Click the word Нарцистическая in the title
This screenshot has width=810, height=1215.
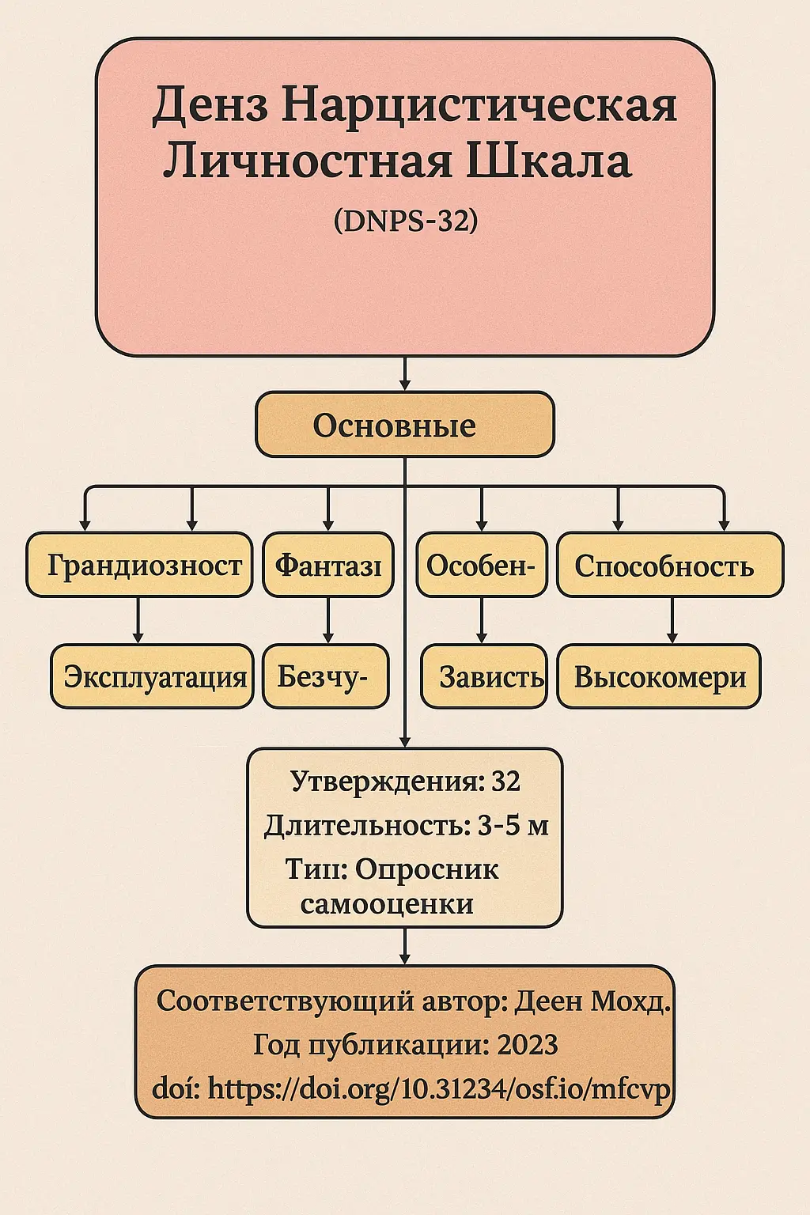[x=479, y=105]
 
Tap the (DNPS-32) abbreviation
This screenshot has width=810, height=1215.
[x=406, y=221]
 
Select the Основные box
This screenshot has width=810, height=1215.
[x=404, y=425]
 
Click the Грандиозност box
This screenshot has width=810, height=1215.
[x=139, y=565]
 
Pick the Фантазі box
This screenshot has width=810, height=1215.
[x=328, y=565]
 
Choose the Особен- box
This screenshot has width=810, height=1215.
[x=482, y=565]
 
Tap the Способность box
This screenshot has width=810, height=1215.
[x=669, y=565]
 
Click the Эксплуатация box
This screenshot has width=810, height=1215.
[x=153, y=676]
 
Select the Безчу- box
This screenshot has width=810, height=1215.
[x=325, y=676]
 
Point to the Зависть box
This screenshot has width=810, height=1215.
[x=484, y=676]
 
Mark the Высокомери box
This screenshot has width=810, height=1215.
[x=659, y=676]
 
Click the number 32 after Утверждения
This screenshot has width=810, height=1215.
[x=506, y=782]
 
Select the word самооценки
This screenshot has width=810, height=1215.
[x=387, y=904]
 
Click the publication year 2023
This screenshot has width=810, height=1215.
[x=528, y=1045]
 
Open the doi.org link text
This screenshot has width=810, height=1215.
[x=439, y=1089]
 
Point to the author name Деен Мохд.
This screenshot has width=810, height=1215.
[x=592, y=1001]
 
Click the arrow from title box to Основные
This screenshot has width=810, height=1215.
[x=405, y=373]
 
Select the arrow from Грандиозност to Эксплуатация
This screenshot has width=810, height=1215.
[x=138, y=621]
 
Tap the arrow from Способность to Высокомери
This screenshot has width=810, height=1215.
[x=672, y=621]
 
